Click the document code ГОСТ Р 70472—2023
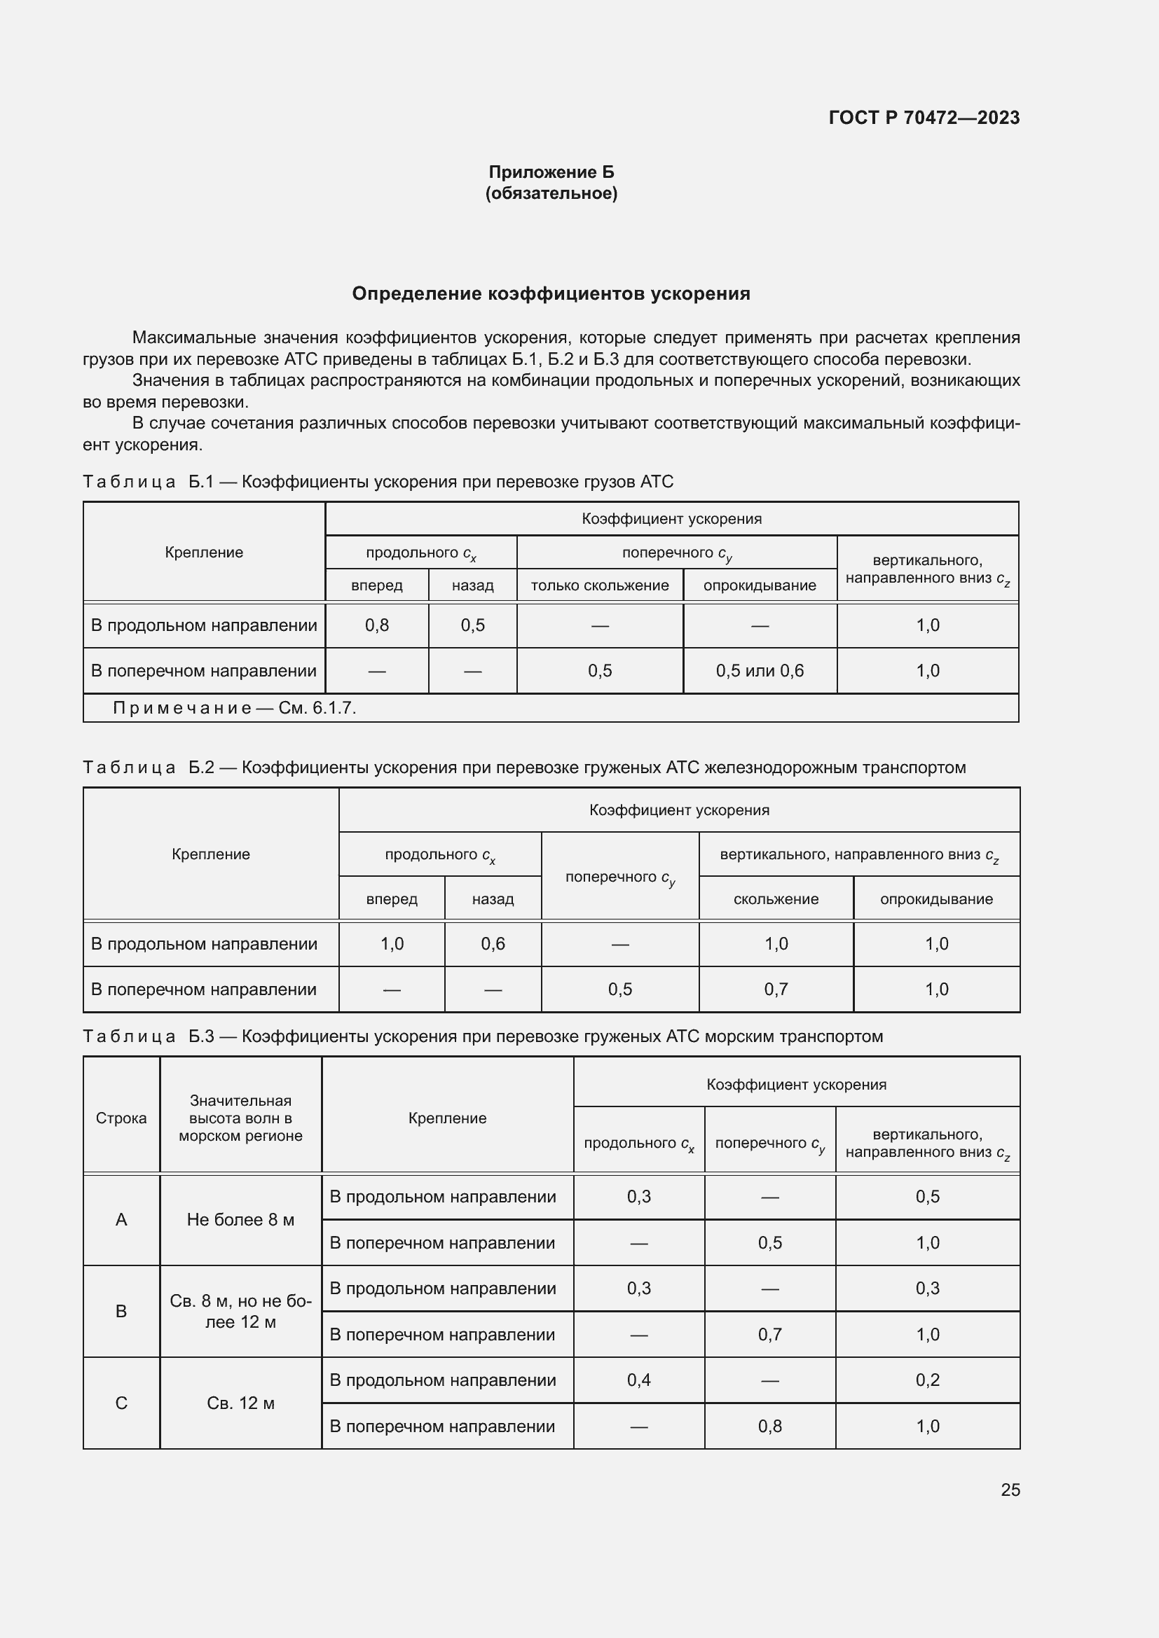click(924, 118)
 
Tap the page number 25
click(1010, 1490)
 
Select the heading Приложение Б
click(551, 172)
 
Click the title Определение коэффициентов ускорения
click(551, 294)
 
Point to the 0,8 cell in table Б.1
click(377, 625)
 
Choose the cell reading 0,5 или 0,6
click(760, 671)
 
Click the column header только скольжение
click(600, 585)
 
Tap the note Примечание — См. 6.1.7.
click(234, 708)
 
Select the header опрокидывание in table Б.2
click(935, 899)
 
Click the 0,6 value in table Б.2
click(493, 944)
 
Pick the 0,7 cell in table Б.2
click(776, 990)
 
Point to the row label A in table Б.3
click(121, 1219)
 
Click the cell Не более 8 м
click(240, 1219)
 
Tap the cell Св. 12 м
click(240, 1403)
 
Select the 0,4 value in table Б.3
click(639, 1380)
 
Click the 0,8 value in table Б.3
click(769, 1426)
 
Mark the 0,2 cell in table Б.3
click(927, 1380)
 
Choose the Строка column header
click(121, 1118)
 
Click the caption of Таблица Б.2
click(524, 768)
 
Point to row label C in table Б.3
click(121, 1403)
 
